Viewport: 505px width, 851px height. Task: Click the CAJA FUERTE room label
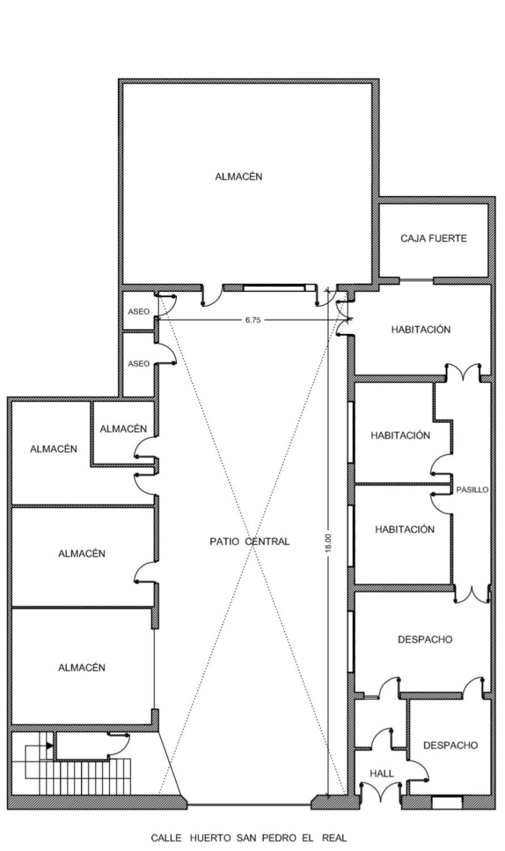coord(434,238)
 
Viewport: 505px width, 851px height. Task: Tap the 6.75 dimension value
coord(253,320)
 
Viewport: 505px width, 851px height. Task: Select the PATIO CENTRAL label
coord(249,541)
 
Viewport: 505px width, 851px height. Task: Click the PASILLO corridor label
coord(472,490)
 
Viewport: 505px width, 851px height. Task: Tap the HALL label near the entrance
coord(381,773)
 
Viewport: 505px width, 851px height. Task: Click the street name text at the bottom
coord(248,837)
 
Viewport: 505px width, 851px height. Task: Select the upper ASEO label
coord(139,311)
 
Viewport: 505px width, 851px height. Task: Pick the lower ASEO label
coord(139,364)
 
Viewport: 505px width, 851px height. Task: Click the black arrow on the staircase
coord(49,745)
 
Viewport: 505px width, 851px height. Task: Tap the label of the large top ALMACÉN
coord(239,176)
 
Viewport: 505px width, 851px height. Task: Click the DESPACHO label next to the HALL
coord(451,745)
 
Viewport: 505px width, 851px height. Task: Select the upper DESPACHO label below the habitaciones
coord(425,639)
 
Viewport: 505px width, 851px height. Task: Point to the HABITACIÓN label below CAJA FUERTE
coord(421,330)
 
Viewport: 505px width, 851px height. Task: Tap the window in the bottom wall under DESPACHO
coord(447,802)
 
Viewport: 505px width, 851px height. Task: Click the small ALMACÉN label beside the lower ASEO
coord(123,429)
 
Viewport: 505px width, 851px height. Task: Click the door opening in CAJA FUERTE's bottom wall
coord(417,280)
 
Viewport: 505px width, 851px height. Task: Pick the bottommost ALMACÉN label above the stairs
coord(82,668)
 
